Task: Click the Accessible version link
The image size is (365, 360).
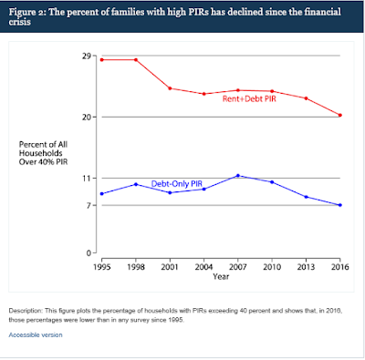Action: coord(36,334)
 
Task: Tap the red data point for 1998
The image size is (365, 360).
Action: coord(136,60)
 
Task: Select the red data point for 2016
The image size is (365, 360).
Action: coord(340,115)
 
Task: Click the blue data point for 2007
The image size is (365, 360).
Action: coord(238,176)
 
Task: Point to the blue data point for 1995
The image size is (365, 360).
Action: coord(102,194)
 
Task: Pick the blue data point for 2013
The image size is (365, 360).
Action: coord(307,197)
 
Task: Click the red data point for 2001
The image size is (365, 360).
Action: coord(170,88)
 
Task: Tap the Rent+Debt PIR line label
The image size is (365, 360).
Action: coord(249,98)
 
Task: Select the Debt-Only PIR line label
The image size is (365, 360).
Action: coord(177,184)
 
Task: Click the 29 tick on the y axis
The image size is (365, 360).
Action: coord(87,56)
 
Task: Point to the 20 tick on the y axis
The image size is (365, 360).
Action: coord(87,117)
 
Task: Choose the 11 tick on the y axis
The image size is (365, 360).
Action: coord(87,178)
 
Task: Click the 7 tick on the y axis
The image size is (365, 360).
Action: coord(89,205)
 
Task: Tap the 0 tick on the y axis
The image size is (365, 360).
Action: coord(89,253)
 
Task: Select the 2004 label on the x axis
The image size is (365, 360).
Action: coord(203,267)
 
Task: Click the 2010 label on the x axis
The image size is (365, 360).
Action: coord(272,267)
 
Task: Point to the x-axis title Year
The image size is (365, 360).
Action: coord(221,276)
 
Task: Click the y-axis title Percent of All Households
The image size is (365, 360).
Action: coord(43,149)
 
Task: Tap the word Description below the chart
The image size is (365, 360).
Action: coord(26,311)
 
